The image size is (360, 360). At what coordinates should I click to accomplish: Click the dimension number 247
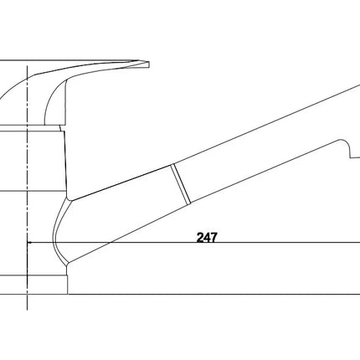point(207,238)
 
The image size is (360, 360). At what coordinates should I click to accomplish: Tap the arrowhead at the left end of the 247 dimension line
point(29,243)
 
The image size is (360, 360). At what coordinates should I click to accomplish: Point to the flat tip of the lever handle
point(148,64)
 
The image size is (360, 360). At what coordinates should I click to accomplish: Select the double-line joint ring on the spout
point(181,184)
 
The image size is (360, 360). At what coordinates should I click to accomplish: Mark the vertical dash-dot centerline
point(27,188)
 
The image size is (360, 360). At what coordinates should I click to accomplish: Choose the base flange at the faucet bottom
point(33,285)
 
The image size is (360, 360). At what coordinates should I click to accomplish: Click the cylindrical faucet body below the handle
point(33,161)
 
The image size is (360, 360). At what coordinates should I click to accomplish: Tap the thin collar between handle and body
point(31,128)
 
